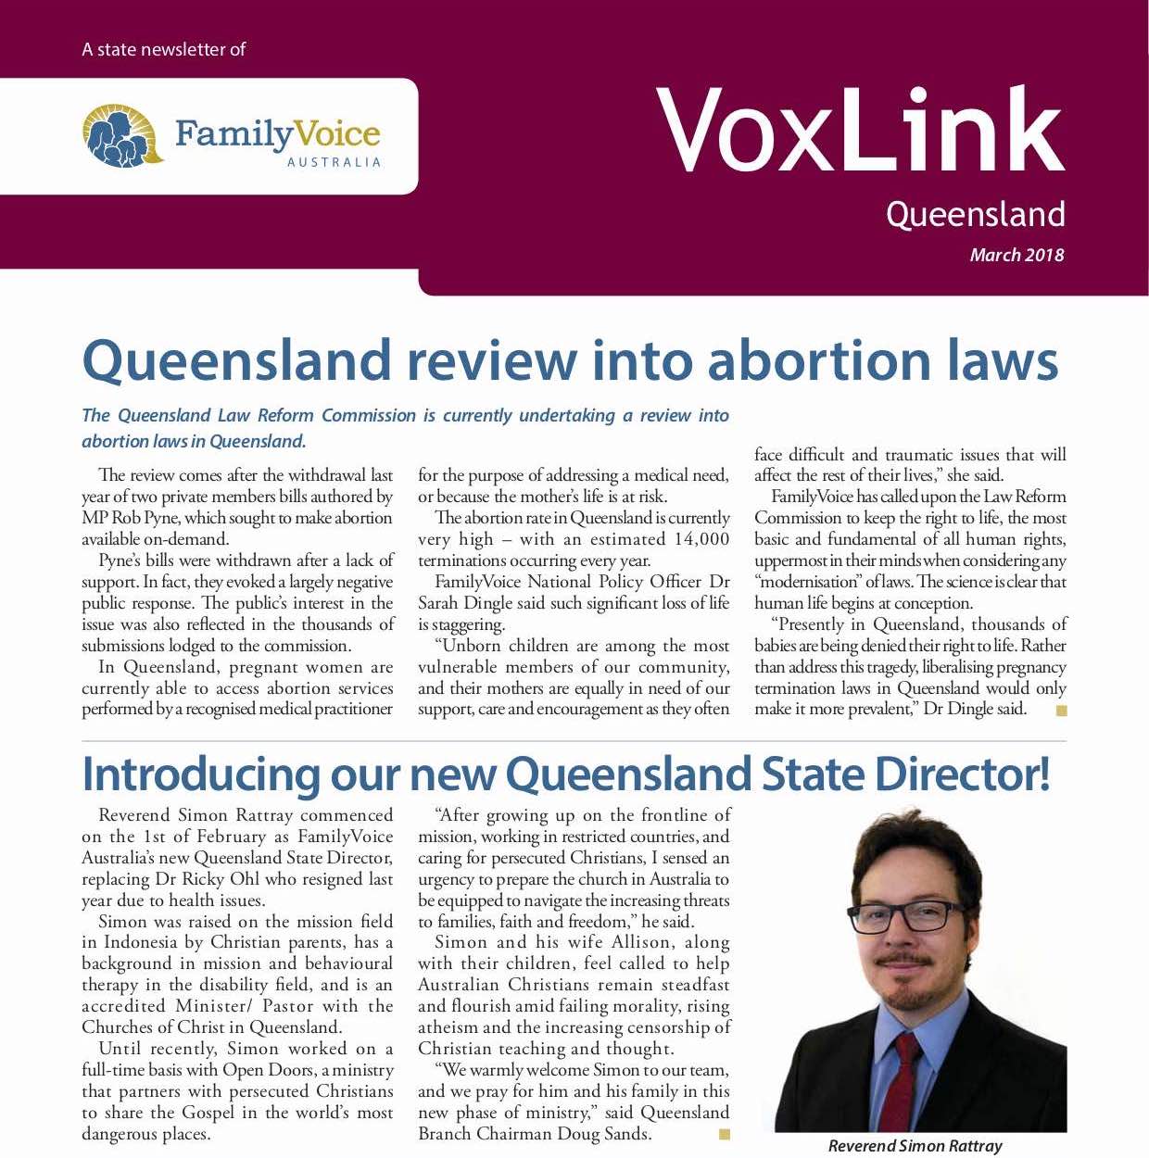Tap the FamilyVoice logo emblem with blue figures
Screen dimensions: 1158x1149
tap(121, 136)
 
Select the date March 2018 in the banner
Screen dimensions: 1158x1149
tap(1016, 255)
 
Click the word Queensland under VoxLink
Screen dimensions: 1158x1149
tap(975, 215)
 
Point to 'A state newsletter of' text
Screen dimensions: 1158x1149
tap(163, 49)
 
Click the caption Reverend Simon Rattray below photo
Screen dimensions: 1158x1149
tap(915, 1146)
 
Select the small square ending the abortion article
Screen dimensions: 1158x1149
tap(1061, 711)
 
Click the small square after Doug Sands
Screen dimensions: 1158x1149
tap(724, 1134)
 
